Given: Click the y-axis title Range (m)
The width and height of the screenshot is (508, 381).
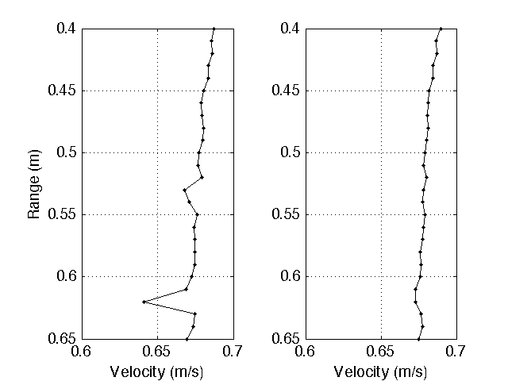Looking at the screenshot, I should [33, 183].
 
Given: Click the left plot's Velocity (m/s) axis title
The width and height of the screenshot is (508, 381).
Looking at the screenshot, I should [157, 371].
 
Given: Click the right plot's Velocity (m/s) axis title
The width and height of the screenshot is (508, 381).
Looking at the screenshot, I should [381, 371].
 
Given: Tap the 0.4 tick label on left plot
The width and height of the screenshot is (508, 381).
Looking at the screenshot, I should [67, 29].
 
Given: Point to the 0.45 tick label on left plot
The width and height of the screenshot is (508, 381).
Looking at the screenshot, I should [62, 90].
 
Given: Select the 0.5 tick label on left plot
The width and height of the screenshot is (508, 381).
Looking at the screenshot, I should [67, 152].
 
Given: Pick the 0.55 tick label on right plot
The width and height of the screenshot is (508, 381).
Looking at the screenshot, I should [286, 214].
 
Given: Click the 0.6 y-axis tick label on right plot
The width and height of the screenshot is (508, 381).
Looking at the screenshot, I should [291, 276].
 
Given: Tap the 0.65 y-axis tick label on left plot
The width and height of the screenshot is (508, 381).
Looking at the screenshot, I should [62, 338].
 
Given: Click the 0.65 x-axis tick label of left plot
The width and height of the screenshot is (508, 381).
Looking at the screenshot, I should [157, 352].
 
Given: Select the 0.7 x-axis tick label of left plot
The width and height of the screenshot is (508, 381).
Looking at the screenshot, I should [233, 352].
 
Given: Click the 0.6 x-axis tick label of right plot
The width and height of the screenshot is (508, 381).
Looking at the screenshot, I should [306, 352].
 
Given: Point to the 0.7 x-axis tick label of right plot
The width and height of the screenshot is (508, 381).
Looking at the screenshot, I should [456, 352].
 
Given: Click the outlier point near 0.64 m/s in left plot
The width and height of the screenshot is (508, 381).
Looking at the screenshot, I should [144, 302].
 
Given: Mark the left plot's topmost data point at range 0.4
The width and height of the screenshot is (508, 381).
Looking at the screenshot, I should [214, 29].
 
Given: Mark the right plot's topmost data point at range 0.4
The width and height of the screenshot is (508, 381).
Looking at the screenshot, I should [441, 29].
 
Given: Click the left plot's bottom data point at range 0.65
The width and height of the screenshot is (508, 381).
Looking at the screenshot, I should [187, 339].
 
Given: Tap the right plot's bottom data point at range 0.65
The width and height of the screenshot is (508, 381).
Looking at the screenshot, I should [418, 339].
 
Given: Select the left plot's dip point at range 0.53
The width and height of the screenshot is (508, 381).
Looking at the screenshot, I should [184, 190].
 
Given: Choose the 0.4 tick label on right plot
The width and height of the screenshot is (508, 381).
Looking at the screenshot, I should [291, 29].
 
